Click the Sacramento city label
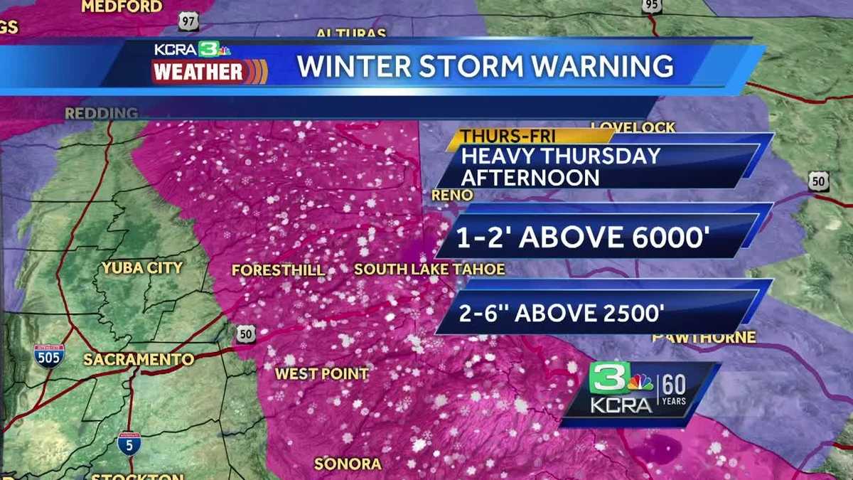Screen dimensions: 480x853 tap(139, 359)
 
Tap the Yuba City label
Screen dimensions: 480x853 tap(142, 268)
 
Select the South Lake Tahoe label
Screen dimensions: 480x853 tap(429, 270)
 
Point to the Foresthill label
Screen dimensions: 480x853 tap(278, 270)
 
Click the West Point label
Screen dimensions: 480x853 tap(322, 373)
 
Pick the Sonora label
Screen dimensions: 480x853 tap(348, 464)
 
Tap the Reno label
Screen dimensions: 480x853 tap(452, 195)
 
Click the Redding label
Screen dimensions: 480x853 tap(102, 113)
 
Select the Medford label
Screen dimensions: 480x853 tap(122, 7)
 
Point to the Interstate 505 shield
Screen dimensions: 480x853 tap(49, 355)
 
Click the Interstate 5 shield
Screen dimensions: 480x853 tap(129, 443)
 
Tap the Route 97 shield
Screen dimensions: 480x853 tap(188, 22)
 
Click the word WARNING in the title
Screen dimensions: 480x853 tap(603, 66)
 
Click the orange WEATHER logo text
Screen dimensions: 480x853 tap(198, 73)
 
